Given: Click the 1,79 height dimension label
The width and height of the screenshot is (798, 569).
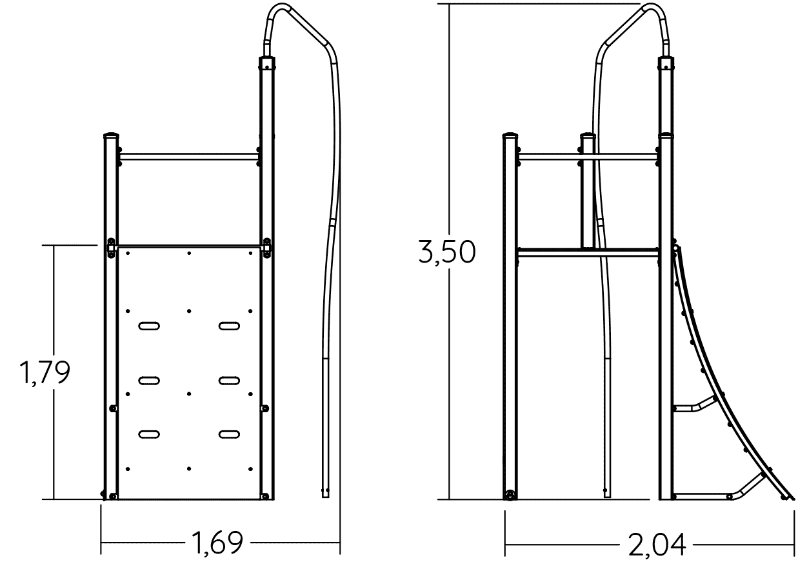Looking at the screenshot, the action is click(45, 373).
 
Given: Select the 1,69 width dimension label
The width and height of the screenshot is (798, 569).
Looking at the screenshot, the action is click(217, 543).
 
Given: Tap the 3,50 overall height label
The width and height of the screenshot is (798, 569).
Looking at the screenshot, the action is click(446, 252).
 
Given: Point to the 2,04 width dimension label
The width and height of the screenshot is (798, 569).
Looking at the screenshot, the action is click(657, 544).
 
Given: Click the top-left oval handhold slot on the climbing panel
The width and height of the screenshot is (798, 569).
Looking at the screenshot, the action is click(149, 326).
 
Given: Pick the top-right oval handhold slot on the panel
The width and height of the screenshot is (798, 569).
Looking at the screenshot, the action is click(229, 326).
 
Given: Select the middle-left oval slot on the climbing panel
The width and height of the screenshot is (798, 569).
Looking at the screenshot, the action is click(149, 381).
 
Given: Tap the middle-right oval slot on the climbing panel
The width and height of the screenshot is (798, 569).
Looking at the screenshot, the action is click(229, 381).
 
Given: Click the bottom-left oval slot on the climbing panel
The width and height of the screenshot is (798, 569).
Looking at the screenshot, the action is click(149, 434).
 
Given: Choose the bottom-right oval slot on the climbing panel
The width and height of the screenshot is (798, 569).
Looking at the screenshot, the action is click(229, 434).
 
